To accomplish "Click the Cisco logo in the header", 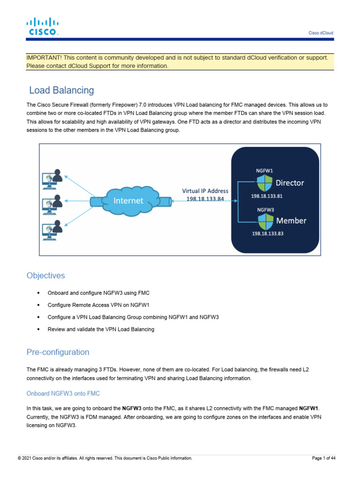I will pos(42,26).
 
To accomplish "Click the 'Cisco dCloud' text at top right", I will pos(321,33).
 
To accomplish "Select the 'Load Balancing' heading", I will pos(61,90).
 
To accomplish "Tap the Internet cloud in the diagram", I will pos(128,201).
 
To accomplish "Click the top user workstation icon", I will pos(52,178).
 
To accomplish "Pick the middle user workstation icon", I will pos(52,203).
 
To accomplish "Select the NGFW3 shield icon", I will pos(266,220).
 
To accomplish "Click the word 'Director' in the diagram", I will pos(290,183).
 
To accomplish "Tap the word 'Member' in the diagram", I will pos(291,220).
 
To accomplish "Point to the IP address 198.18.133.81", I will pos(267,196).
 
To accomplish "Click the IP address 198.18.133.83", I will pos(268,233).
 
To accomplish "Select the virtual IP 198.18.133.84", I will pos(205,198).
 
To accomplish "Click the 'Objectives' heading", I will pos(46,276).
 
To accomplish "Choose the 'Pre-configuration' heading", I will pos(58,352).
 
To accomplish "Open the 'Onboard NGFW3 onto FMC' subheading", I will pos(63,393).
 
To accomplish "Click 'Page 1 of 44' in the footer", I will pos(323,458).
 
